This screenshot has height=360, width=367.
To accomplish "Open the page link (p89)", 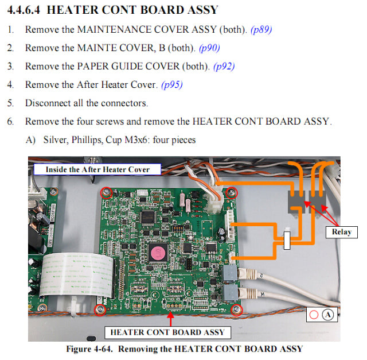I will [261, 29].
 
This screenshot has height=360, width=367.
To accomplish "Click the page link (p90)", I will [208, 48].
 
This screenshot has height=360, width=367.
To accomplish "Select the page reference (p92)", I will [224, 66].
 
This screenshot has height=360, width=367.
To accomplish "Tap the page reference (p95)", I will [172, 84].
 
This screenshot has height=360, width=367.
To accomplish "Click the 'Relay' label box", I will [341, 232].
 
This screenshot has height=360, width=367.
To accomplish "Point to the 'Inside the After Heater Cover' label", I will [97, 169].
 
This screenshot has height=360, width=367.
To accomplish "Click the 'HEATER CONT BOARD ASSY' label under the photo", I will [167, 332].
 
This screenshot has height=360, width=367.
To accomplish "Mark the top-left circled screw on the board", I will [105, 192].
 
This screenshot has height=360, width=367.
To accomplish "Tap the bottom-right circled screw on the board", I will [236, 310].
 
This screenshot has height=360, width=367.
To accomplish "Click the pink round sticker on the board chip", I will [156, 251].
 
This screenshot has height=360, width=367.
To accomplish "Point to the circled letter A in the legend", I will [328, 315].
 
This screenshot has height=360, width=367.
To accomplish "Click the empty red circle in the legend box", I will [314, 315].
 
